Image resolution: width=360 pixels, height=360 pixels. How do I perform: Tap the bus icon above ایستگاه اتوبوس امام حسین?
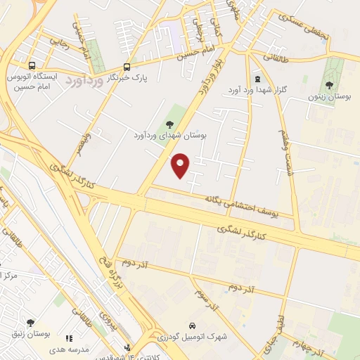30,65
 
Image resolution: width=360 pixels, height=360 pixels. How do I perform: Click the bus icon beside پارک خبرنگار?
127,67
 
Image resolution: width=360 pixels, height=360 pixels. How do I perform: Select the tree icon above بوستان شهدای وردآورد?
168,124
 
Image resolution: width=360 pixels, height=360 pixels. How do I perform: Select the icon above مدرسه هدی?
68,338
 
